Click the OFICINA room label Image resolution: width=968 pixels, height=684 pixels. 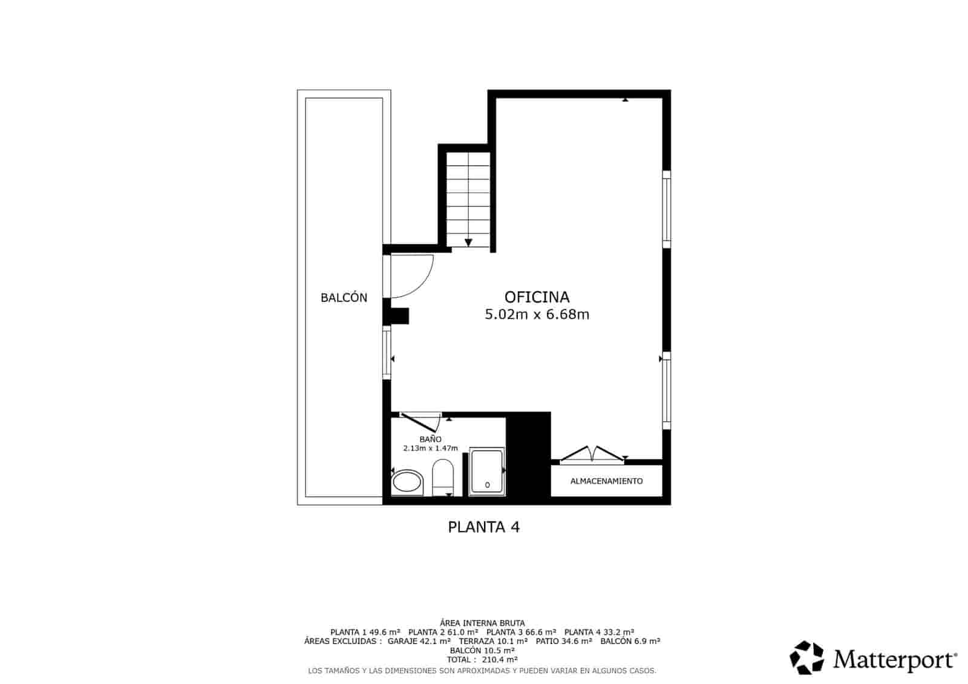[537, 297]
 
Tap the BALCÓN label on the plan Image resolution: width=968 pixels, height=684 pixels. [344, 298]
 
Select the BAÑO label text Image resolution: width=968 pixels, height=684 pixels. [430, 439]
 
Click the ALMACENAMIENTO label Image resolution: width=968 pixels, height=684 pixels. [606, 481]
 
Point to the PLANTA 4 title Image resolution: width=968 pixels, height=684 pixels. [483, 527]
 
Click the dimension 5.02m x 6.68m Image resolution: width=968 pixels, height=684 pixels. [537, 315]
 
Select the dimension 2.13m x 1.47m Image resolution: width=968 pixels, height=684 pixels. [430, 449]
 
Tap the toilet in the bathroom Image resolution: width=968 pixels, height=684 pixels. [443, 477]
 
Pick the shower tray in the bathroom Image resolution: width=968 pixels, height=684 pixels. [487, 472]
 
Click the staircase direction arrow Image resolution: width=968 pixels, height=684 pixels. [468, 243]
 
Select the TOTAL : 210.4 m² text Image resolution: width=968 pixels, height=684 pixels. [482, 660]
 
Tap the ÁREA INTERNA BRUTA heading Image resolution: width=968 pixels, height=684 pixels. [482, 623]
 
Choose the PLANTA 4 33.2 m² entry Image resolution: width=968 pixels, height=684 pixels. [599, 632]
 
